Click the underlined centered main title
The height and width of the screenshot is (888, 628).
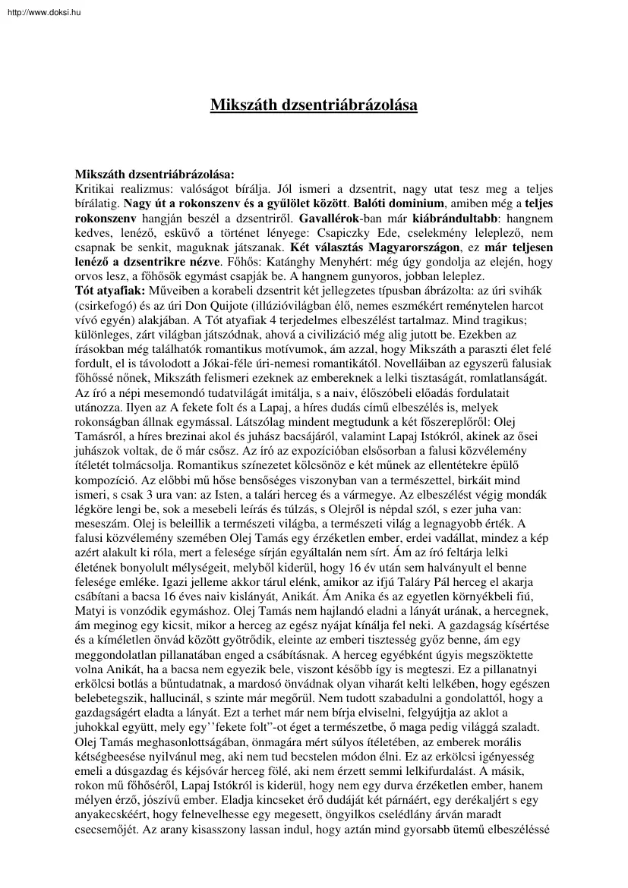314,105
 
